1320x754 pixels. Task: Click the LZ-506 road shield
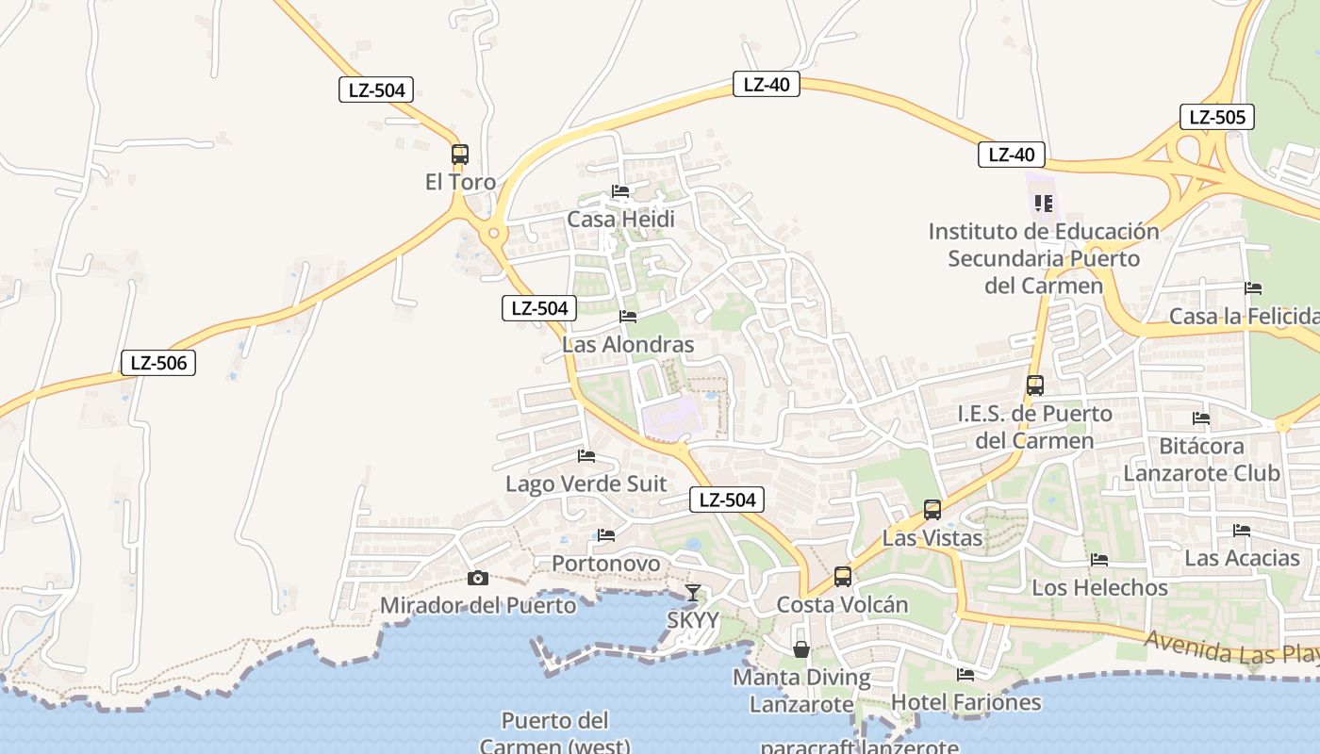(x=158, y=363)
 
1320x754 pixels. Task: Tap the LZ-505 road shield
(x=1216, y=118)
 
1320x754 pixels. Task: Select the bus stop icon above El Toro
(x=460, y=155)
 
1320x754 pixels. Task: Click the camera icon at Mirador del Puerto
(x=478, y=578)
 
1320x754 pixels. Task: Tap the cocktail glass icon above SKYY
(x=693, y=593)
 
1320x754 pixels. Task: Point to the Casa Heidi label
(x=620, y=220)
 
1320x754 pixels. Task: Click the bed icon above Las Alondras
(x=628, y=317)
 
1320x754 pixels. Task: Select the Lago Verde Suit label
(x=586, y=484)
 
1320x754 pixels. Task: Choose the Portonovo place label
(x=606, y=564)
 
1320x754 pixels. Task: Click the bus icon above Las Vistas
(x=932, y=510)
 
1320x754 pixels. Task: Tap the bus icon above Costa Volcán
(x=843, y=576)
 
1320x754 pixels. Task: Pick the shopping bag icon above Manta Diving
(x=801, y=649)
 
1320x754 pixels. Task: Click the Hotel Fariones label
(x=966, y=702)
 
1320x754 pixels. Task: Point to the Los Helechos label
(x=1099, y=588)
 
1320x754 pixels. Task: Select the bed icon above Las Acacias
(x=1242, y=531)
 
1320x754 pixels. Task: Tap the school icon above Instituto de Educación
(x=1043, y=204)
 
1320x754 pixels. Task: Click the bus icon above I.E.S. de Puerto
(x=1035, y=385)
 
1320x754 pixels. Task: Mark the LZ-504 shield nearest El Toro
(x=376, y=90)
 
